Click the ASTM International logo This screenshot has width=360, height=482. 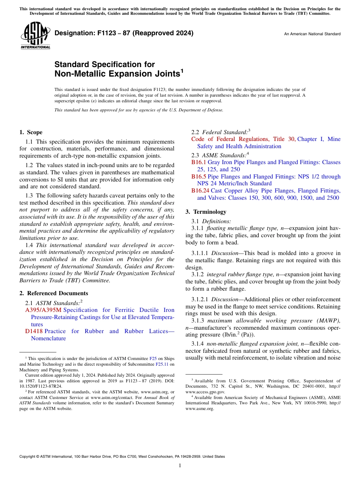35,36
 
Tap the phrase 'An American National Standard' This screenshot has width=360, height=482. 312,34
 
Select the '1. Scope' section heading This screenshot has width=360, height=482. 31,132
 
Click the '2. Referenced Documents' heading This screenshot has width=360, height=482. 54,293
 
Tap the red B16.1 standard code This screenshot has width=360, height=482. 199,162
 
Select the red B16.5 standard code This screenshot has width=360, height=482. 199,177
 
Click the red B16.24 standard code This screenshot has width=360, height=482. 200,191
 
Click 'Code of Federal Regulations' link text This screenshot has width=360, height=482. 230,139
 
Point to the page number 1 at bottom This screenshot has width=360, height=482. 180,465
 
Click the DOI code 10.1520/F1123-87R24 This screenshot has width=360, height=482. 41,386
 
